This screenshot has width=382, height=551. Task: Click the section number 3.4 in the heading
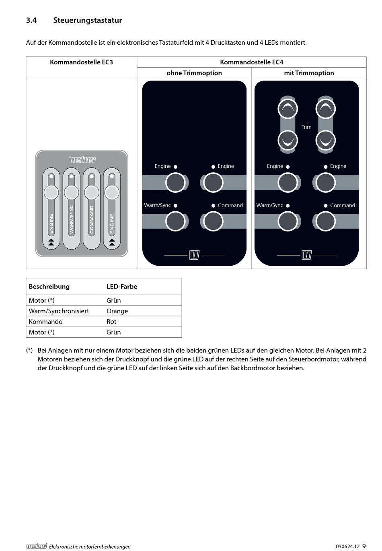pos(31,20)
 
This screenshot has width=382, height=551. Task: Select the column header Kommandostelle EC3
pos(81,62)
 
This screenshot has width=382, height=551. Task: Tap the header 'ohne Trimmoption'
pos(194,73)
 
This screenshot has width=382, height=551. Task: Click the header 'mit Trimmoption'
pos(309,73)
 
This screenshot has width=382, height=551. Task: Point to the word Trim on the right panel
pos(306,127)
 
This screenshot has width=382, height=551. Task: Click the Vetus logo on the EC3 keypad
pos(82,160)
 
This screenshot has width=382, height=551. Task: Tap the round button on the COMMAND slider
pos(92,193)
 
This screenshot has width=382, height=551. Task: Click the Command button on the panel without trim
pos(213,221)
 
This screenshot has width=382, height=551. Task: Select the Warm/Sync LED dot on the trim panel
pos(288,206)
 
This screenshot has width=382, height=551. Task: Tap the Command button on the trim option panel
pos(326,221)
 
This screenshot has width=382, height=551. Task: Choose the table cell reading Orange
pos(117,311)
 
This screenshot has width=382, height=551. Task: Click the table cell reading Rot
pos(111,322)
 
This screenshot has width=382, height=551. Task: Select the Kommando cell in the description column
pos(46,322)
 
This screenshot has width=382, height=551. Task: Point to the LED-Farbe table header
pos(122,287)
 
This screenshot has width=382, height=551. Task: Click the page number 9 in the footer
pos(364,546)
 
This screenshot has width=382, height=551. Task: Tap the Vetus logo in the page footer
pos(37,546)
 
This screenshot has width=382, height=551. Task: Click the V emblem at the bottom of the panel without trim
pos(194,255)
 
